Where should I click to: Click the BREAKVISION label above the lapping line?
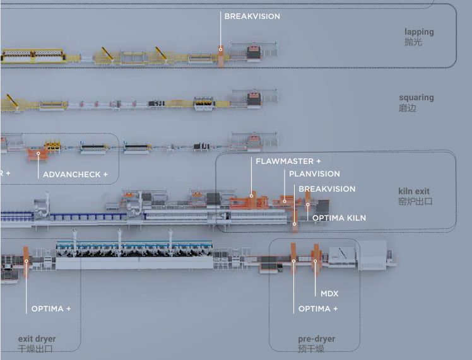pos(252,16)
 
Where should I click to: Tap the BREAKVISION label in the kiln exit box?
pos(327,189)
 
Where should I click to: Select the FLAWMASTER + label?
pos(288,161)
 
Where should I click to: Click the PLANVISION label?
pos(314,174)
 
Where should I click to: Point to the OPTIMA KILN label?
pos(339,218)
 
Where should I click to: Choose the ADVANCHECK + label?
pos(75,175)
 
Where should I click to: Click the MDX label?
pos(329,294)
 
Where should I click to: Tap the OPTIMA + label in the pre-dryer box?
pos(318,309)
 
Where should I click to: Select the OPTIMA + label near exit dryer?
pos(51,309)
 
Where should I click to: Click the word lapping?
pos(419,32)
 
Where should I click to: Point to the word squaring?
pos(416,98)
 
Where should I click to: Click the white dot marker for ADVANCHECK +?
pos(38,153)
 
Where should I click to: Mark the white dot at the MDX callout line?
pos(315,261)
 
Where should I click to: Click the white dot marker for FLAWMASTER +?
pos(251,196)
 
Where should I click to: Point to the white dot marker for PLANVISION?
pos(285,201)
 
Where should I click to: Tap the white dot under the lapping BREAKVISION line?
pos(221,49)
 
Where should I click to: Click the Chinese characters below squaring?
pos(408,108)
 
